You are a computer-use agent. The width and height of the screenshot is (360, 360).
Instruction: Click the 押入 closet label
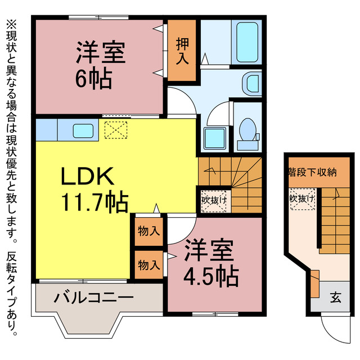(x=182, y=51)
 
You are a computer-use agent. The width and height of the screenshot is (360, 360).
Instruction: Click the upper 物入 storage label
(x=148, y=231)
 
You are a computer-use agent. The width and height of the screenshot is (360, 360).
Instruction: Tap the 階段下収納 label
(x=312, y=171)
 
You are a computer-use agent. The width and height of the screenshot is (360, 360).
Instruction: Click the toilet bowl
(x=246, y=129)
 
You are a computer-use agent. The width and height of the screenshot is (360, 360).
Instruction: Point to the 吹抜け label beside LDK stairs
(x=214, y=199)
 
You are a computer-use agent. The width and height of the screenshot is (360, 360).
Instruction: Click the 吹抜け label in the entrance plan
(x=302, y=199)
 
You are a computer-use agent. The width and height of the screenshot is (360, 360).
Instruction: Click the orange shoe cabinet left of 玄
(x=314, y=283)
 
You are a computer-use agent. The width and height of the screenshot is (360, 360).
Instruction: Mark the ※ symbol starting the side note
(x=12, y=25)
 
